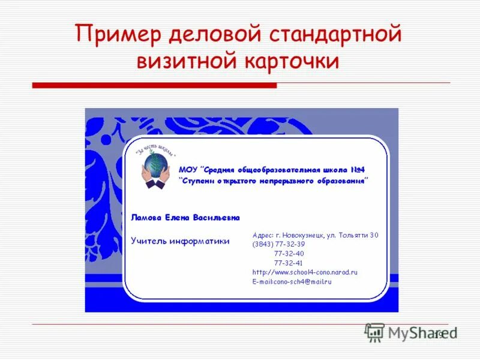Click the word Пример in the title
(119, 35)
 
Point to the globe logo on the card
(155, 166)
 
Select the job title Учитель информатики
(181, 241)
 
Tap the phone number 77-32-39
(289, 244)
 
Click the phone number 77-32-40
(289, 253)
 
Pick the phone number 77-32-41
(289, 263)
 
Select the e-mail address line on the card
(292, 281)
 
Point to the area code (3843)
(262, 244)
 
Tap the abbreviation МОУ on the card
(188, 170)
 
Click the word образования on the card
(340, 180)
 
